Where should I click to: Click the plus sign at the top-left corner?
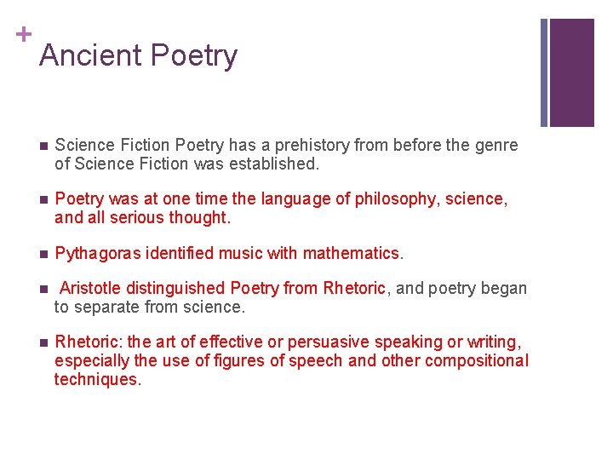click(24, 34)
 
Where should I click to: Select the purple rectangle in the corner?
click(571, 72)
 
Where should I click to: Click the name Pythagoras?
click(97, 253)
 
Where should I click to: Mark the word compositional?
click(477, 360)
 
